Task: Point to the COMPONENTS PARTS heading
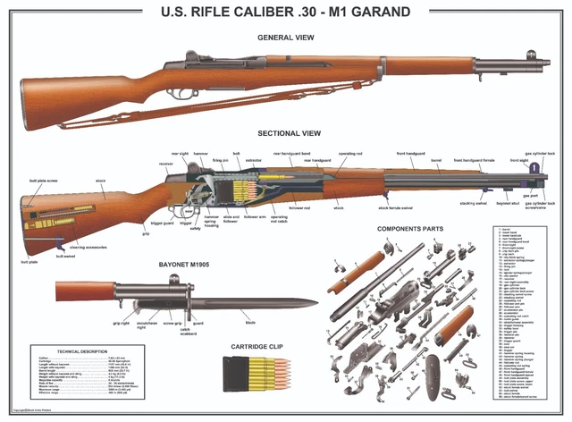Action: tap(410, 229)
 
